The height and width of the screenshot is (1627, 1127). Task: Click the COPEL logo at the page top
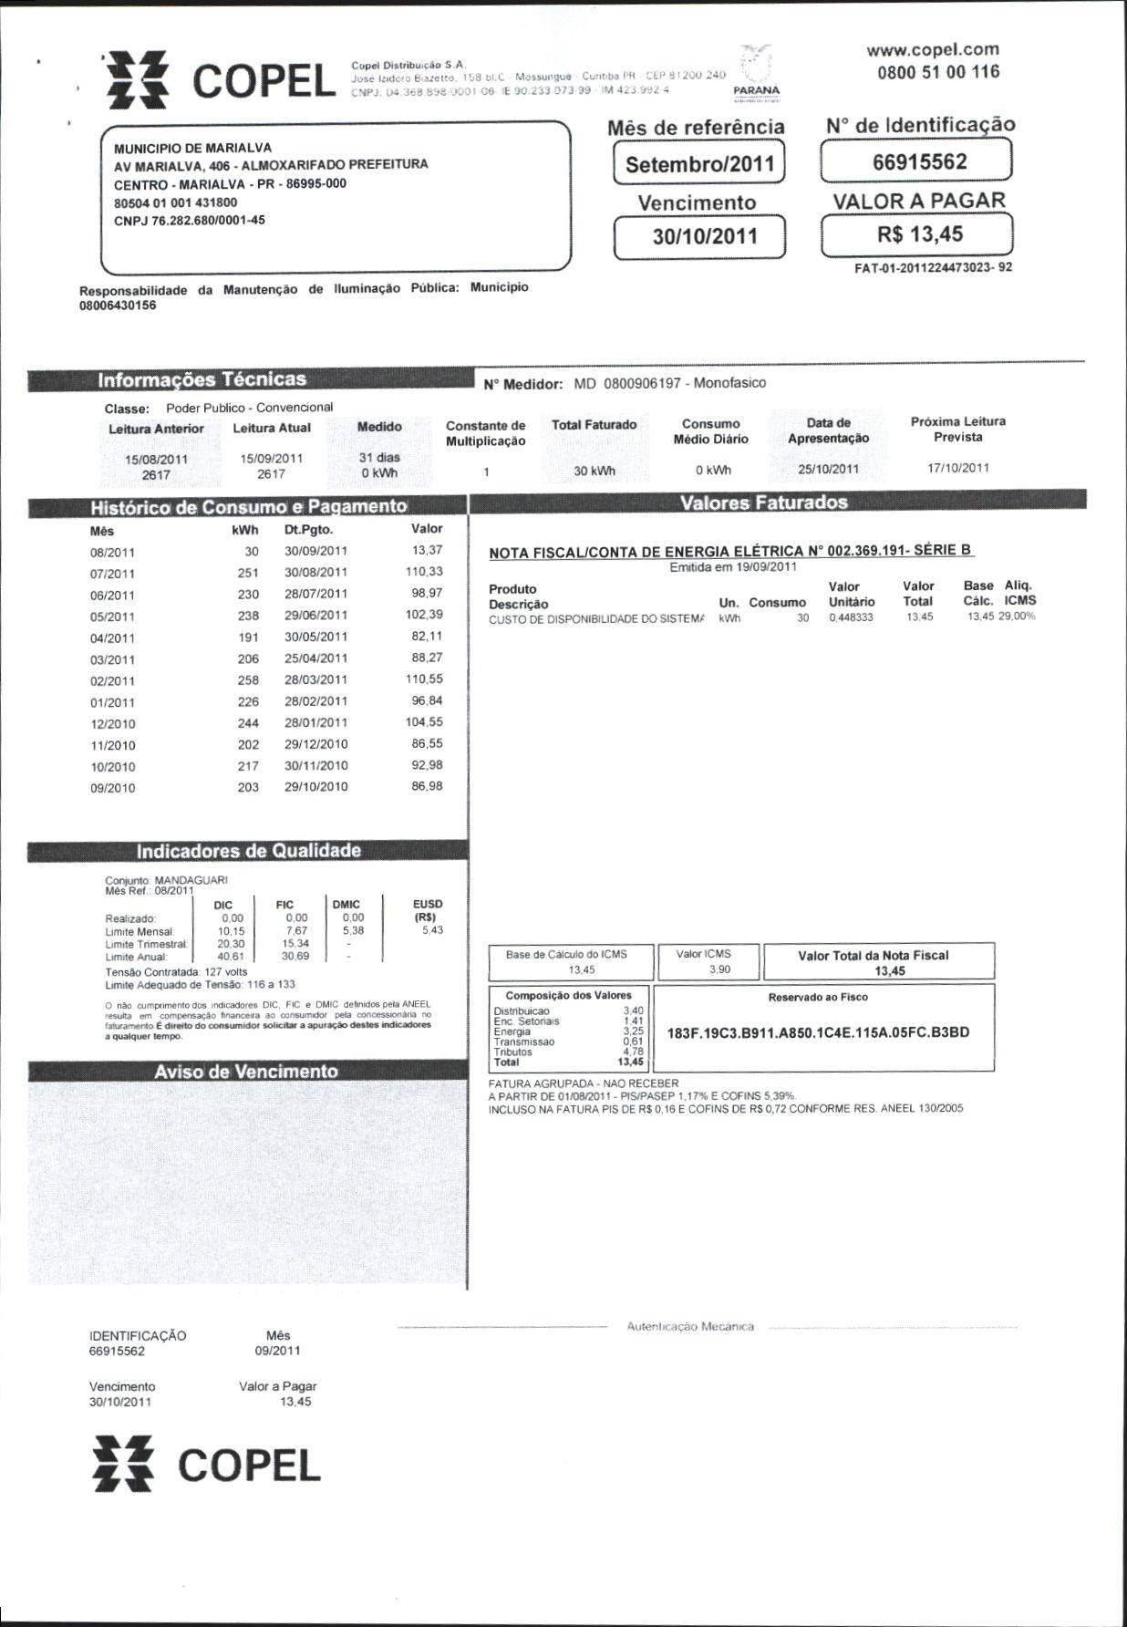coord(219,81)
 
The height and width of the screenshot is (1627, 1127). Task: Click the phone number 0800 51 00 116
coord(938,72)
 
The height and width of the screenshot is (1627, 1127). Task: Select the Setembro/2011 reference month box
coord(699,165)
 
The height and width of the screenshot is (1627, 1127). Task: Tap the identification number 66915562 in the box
coord(918,162)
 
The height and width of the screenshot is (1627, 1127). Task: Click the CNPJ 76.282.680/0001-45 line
coord(190,220)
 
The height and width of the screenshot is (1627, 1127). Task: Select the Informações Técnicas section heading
coord(202,379)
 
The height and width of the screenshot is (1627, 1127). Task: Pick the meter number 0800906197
coord(642,384)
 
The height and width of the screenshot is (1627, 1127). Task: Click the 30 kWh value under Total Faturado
coord(595,472)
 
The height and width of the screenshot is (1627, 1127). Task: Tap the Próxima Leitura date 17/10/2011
coord(957,468)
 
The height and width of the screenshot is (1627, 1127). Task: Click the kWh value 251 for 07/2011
coord(247,573)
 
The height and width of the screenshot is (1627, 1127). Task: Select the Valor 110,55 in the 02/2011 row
coord(424,679)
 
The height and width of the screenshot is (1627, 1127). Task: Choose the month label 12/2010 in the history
coord(113,724)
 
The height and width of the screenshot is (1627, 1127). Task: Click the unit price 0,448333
coord(852,617)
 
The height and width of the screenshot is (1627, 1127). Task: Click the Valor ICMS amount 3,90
coord(719,969)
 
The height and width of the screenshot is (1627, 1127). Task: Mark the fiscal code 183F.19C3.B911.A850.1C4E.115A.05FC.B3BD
coord(818,1033)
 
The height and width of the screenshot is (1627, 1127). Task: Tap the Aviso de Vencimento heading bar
coord(246,1072)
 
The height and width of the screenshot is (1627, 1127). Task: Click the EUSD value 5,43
coord(432,930)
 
